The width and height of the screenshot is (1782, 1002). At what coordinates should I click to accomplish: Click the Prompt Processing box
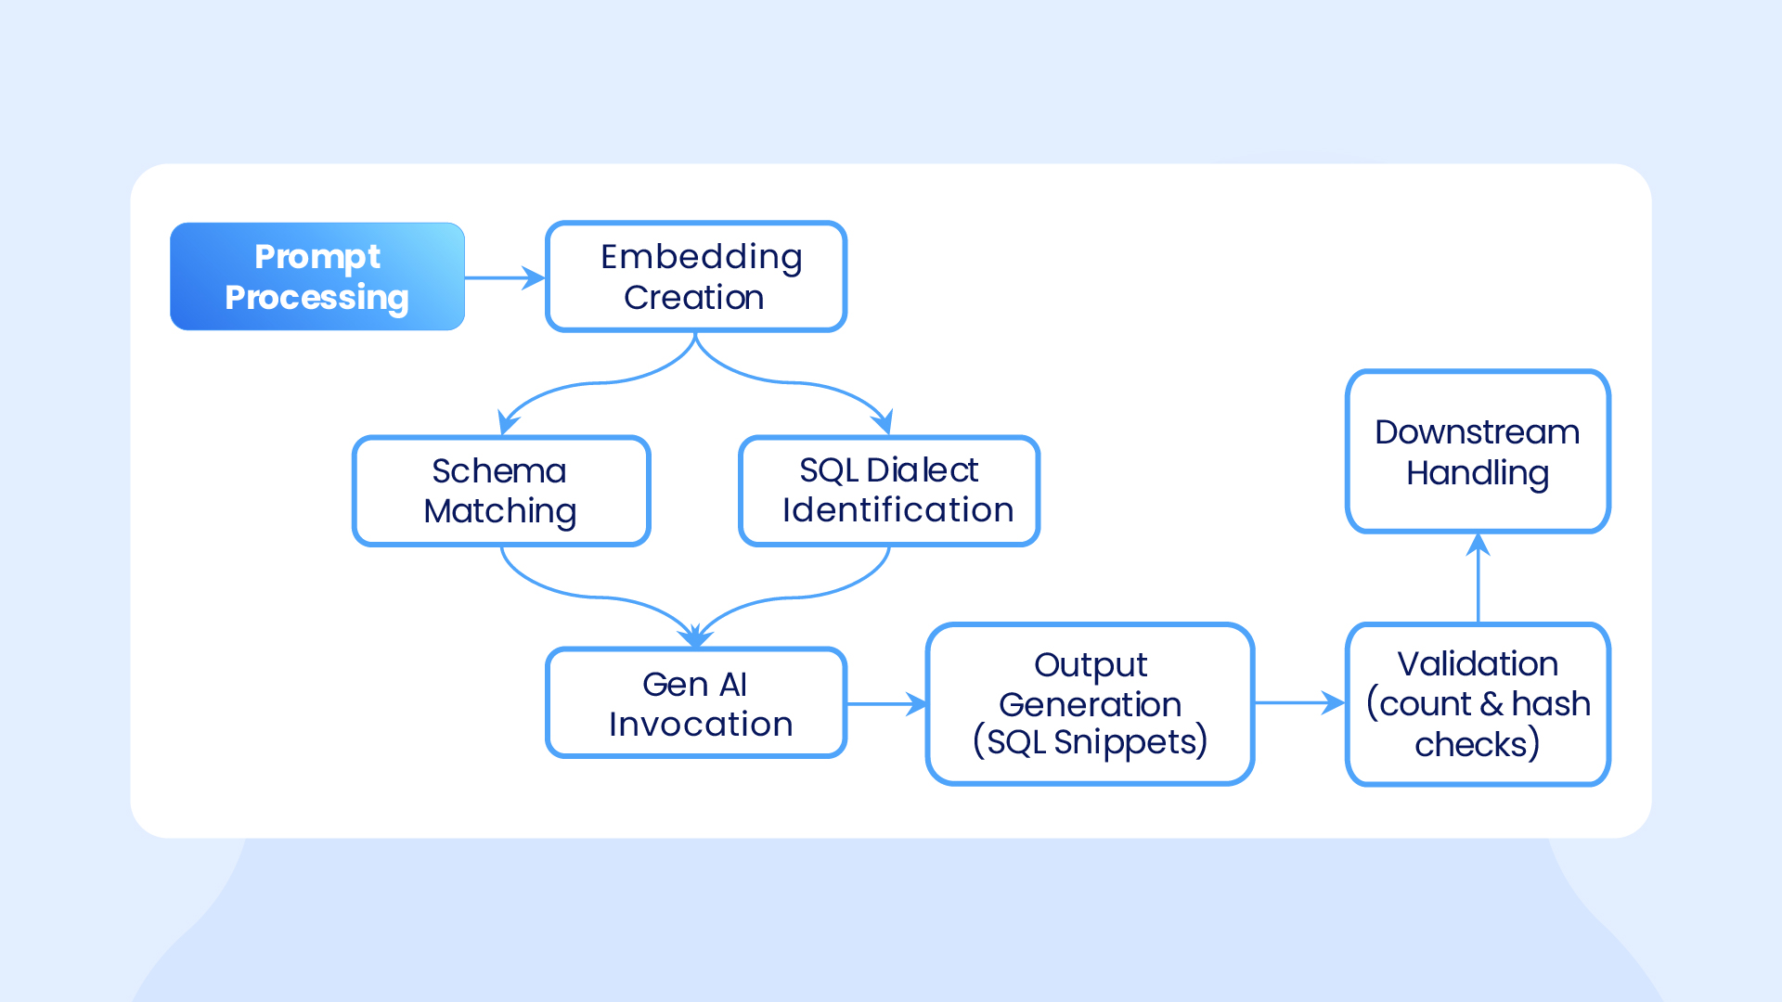(317, 276)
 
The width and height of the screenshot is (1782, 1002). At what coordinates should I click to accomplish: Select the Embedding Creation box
(696, 276)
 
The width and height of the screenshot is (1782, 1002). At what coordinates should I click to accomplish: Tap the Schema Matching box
(501, 491)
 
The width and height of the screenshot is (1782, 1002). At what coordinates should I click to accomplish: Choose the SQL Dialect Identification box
(889, 491)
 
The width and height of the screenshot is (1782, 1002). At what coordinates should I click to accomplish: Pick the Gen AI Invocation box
(696, 703)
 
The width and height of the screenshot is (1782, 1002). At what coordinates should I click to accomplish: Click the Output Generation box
(1091, 704)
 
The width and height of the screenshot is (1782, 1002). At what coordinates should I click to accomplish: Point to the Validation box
(1478, 704)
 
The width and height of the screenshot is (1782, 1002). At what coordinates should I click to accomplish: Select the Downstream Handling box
(1478, 452)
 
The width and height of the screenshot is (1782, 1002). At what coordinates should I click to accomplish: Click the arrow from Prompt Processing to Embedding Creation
(505, 277)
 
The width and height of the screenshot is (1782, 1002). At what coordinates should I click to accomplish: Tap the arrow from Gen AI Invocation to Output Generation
(887, 704)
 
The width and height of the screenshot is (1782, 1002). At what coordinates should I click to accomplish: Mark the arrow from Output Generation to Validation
(1300, 703)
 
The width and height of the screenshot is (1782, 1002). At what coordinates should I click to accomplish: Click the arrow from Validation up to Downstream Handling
(1478, 577)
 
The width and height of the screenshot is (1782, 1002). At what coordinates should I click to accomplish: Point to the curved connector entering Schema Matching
(594, 383)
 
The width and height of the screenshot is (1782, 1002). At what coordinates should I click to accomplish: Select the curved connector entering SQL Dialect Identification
(796, 382)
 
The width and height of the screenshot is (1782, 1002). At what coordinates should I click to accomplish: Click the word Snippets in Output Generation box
(1130, 742)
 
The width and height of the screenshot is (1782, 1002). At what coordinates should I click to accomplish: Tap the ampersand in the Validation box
(1492, 704)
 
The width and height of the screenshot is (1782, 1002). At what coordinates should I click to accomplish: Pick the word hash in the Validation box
(1551, 703)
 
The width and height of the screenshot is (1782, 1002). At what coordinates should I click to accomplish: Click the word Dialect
(922, 470)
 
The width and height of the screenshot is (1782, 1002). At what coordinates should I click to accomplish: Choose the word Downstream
(1477, 432)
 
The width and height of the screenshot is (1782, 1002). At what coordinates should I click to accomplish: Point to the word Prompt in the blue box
(317, 257)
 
